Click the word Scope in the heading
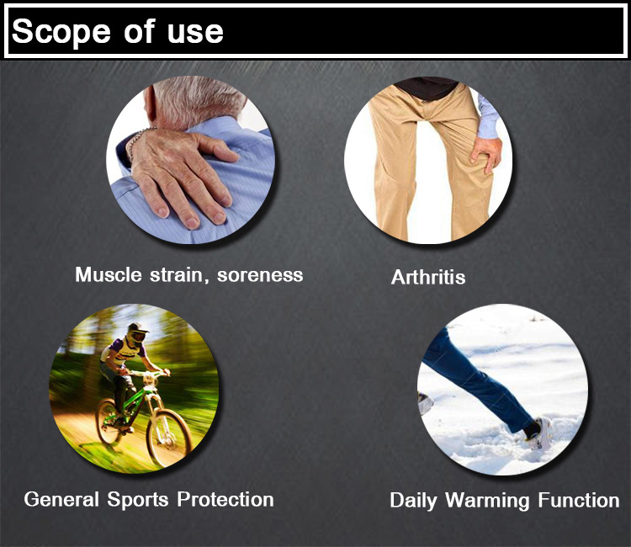(61, 32)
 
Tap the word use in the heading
(195, 32)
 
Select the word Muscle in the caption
(109, 274)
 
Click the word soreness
(260, 275)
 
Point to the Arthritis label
(428, 277)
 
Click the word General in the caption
(61, 499)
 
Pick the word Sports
(138, 500)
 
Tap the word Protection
(225, 499)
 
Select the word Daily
(413, 501)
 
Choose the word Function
(579, 501)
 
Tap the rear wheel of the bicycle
(108, 421)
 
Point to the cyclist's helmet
(136, 333)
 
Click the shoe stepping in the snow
(538, 434)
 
